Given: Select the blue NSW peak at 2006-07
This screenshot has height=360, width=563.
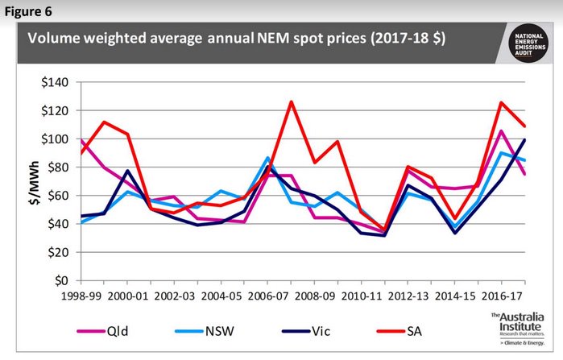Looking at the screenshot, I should (x=267, y=158).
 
